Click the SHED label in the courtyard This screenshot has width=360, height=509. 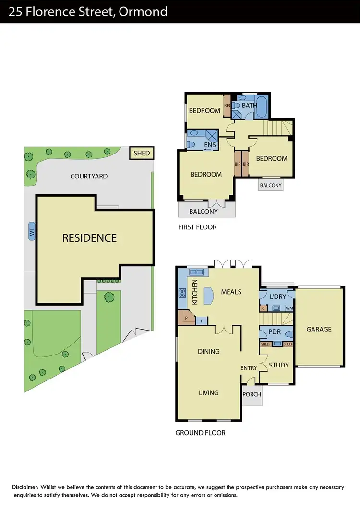(142, 154)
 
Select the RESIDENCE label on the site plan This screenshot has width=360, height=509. (89, 237)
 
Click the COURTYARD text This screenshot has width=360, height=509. (89, 176)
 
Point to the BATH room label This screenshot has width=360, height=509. (249, 105)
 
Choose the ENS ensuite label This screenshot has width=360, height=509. (210, 145)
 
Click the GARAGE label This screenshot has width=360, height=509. (319, 329)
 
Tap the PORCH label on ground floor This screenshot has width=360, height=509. (252, 394)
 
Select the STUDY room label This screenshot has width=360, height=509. (278, 365)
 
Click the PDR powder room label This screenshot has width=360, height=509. (275, 331)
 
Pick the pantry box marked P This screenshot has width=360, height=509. (185, 318)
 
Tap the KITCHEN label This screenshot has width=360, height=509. (195, 292)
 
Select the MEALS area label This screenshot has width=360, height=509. (231, 292)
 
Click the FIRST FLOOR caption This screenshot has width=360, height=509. (197, 227)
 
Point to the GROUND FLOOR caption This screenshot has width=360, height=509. (200, 433)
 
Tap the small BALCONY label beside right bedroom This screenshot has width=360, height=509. (270, 185)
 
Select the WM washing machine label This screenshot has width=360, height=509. (289, 308)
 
